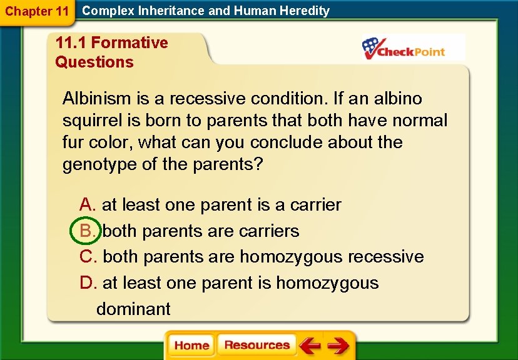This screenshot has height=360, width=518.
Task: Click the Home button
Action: click(x=191, y=346)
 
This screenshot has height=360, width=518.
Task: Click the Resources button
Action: click(x=256, y=346)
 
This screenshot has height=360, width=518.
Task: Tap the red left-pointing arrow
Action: click(x=309, y=346)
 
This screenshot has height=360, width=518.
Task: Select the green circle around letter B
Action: click(x=85, y=231)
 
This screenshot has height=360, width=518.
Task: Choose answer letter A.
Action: click(x=87, y=205)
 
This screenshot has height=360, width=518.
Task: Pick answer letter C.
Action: click(x=88, y=257)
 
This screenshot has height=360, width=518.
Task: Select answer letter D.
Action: click(x=88, y=283)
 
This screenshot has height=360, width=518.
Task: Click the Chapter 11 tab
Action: click(x=36, y=11)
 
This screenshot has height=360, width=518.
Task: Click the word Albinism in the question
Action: click(x=97, y=99)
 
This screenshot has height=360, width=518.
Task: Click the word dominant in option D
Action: click(x=133, y=309)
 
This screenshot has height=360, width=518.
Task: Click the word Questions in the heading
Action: click(x=94, y=62)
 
